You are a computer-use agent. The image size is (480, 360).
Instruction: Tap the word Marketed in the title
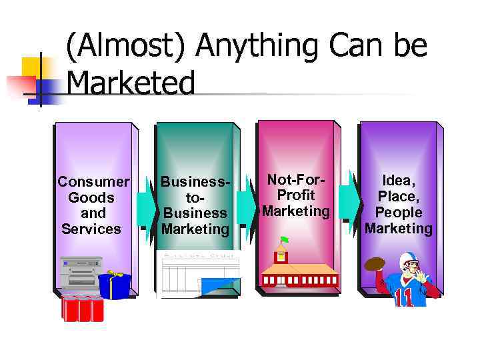click(x=131, y=84)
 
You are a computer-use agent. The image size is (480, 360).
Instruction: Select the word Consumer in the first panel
click(x=93, y=182)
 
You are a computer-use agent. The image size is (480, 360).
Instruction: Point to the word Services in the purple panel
click(x=91, y=229)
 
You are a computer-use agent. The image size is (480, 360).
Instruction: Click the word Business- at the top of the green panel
click(x=195, y=182)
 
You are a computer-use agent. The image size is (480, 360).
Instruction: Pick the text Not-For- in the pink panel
click(x=295, y=179)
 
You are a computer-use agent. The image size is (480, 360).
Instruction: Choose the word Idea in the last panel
click(x=398, y=180)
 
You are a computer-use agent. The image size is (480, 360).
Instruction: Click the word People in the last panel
click(x=398, y=212)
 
